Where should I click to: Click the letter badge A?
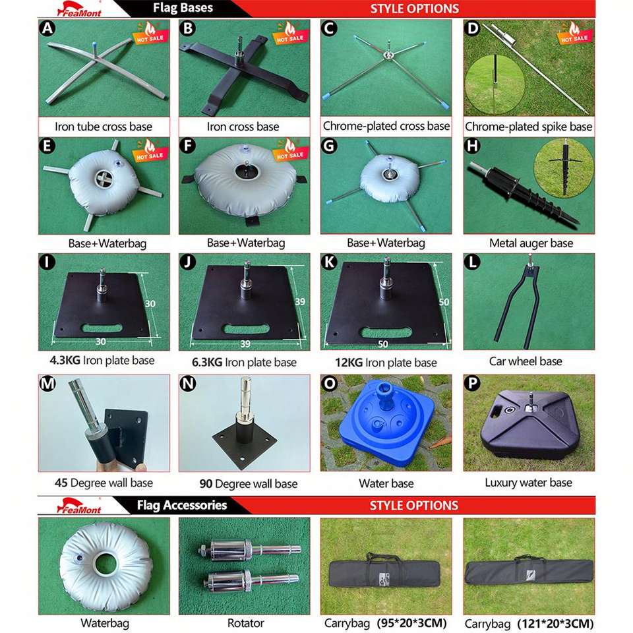(47, 28)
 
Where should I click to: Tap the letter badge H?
(472, 145)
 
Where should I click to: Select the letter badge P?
(472, 382)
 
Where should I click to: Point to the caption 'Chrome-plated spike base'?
(528, 127)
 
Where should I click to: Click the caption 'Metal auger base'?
(531, 243)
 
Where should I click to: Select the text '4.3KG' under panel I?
(65, 360)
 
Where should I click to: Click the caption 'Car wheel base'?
(526, 361)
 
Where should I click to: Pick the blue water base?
(385, 421)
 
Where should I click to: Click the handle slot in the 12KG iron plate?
(385, 332)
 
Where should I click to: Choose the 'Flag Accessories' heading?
(182, 505)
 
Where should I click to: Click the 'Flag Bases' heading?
(183, 8)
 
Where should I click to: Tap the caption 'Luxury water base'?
(528, 483)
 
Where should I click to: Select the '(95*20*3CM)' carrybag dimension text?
(411, 622)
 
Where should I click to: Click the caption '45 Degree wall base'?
(104, 483)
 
